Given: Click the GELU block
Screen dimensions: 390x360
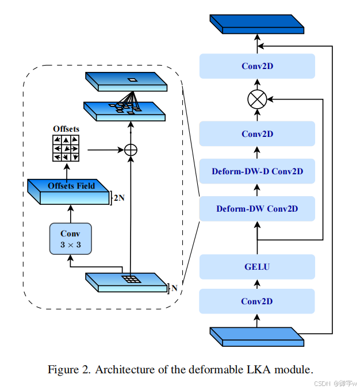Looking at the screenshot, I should pyautogui.click(x=257, y=267).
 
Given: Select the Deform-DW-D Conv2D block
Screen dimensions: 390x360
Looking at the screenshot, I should pyautogui.click(x=257, y=171).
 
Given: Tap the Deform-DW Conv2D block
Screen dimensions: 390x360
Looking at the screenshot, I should pyautogui.click(x=257, y=208).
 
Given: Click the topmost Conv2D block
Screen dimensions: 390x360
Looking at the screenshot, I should pyautogui.click(x=257, y=66).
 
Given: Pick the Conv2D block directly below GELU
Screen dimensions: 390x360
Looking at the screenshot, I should pyautogui.click(x=257, y=301).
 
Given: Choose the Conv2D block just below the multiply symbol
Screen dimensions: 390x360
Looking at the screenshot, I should pyautogui.click(x=257, y=134).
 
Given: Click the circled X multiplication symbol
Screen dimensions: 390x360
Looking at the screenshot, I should pyautogui.click(x=257, y=100).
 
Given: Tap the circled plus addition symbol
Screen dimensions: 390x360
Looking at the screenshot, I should pyautogui.click(x=131, y=150).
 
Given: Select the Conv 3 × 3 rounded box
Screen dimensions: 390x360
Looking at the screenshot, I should pyautogui.click(x=70, y=238).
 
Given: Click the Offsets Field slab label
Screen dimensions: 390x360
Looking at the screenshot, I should pyautogui.click(x=71, y=186).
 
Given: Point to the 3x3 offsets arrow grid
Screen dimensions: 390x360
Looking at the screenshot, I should pyautogui.click(x=66, y=148).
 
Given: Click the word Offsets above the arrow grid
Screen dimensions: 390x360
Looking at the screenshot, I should pyautogui.click(x=66, y=129).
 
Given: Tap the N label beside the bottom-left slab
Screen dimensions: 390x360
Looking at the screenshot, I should pyautogui.click(x=174, y=288).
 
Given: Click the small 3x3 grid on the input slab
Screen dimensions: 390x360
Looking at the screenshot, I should pyautogui.click(x=131, y=279).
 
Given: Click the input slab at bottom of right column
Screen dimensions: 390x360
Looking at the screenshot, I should pyautogui.click(x=257, y=337).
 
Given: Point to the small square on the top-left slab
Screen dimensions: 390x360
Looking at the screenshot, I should pyautogui.click(x=132, y=79).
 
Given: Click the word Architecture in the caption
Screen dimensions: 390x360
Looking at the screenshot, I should pyautogui.click(x=124, y=369).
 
